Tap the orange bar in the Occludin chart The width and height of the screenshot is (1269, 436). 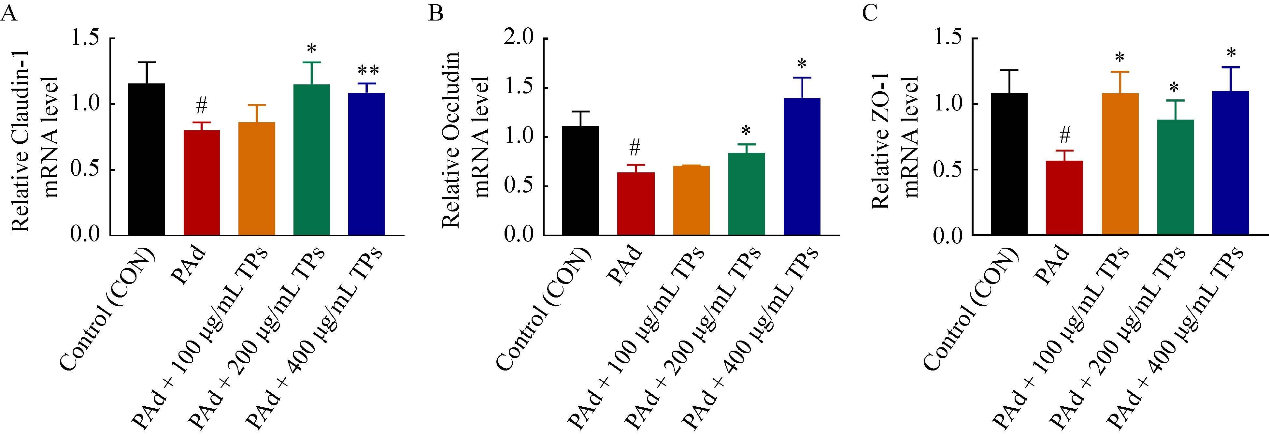691,200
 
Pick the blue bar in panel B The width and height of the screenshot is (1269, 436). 802,167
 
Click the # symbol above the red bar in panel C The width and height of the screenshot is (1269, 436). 1064,134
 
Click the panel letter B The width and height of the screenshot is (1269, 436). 435,13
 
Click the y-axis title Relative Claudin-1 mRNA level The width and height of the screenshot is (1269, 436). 35,140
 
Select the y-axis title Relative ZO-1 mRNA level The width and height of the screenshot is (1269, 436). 894,140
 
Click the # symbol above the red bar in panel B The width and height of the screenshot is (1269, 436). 635,147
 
